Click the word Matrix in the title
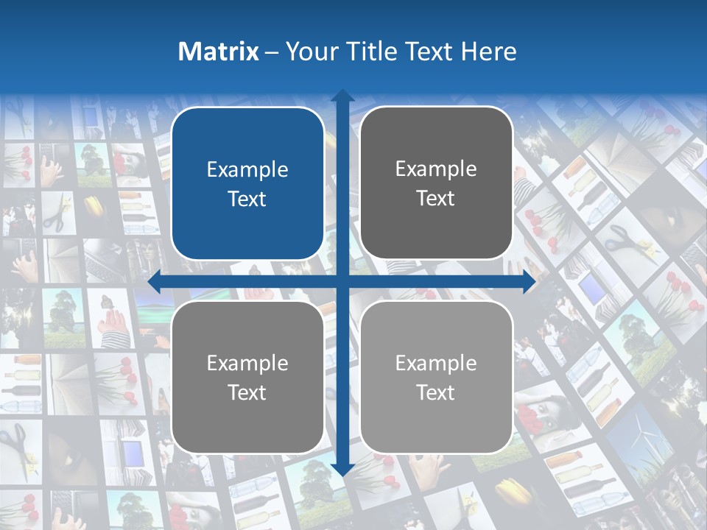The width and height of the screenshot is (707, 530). tap(219, 52)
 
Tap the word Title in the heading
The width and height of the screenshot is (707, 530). tap(368, 52)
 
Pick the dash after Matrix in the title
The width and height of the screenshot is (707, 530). tap(272, 52)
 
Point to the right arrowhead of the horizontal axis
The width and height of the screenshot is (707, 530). tap(529, 281)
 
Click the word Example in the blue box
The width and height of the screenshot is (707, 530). tap(247, 170)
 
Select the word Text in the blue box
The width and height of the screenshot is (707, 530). tap(247, 199)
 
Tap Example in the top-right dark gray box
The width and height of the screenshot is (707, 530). tap(436, 169)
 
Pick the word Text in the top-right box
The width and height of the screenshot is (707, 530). tap(436, 199)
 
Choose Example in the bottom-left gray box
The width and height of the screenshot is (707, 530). tap(247, 364)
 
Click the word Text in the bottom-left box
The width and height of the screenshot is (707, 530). tap(247, 393)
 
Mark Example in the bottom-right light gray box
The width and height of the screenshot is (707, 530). tap(436, 363)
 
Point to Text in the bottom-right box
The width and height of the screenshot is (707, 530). tap(436, 392)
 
